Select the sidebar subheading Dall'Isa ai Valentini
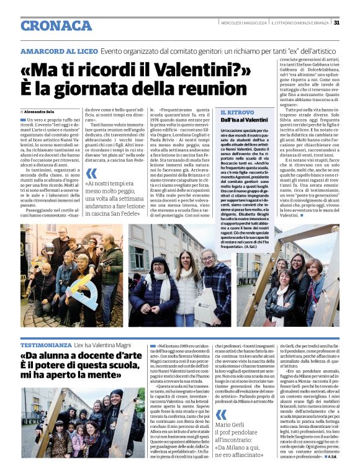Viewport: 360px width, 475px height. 244,119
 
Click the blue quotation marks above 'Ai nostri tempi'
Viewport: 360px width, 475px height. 91,174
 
